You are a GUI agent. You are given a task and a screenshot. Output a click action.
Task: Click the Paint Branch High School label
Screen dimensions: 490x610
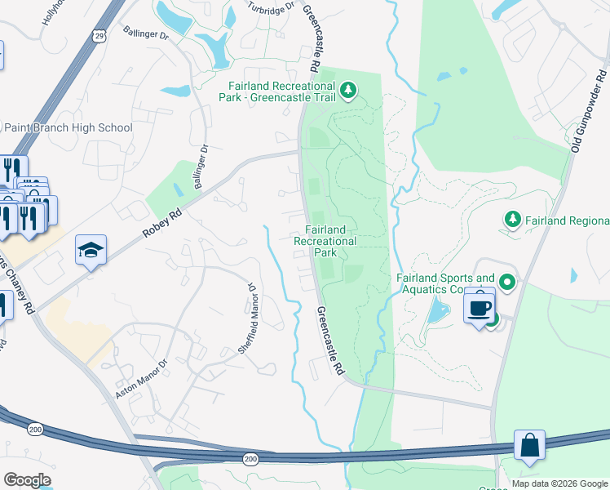pyautogui.click(x=69, y=127)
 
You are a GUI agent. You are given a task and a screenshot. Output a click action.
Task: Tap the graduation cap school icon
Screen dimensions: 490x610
pyautogui.click(x=91, y=250)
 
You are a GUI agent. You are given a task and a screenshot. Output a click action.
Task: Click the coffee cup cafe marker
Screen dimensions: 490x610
pyautogui.click(x=480, y=308)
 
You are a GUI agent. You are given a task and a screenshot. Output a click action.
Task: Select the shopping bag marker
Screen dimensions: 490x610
pyautogui.click(x=529, y=446)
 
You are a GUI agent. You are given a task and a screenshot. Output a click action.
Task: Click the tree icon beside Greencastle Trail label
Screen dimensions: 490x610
pyautogui.click(x=348, y=89)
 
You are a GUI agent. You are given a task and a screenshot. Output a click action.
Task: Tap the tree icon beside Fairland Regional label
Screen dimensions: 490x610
pyautogui.click(x=512, y=220)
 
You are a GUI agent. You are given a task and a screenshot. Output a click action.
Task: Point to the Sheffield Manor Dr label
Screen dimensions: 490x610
pyautogui.click(x=248, y=318)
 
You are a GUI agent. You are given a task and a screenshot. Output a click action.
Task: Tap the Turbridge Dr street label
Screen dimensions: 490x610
pyautogui.click(x=269, y=9)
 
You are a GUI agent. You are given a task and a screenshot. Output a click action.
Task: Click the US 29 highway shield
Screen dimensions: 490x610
pyautogui.click(x=99, y=36)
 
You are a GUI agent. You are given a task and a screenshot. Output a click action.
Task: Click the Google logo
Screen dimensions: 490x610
pyautogui.click(x=27, y=480)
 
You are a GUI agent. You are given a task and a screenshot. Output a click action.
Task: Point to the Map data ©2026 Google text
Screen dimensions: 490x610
pyautogui.click(x=559, y=483)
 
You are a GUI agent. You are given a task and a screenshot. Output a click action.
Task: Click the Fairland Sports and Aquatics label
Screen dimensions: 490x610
pyautogui.click(x=445, y=283)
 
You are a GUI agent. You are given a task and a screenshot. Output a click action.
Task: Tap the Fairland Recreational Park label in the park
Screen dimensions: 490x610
pyautogui.click(x=325, y=241)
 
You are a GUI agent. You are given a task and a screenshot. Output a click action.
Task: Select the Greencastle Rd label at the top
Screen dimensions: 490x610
pyautogui.click(x=310, y=37)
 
